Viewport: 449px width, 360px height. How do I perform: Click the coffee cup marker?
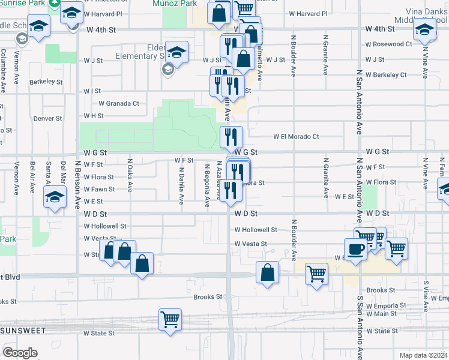pos(355,249)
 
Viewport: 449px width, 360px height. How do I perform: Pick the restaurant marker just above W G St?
pos(231,137)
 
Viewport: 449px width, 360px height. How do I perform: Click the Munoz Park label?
pos(179,3)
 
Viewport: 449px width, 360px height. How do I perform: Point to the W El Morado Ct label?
pos(296,136)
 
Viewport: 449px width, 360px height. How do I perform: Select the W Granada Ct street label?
pos(119,103)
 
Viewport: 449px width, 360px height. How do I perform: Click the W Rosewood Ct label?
pos(389,44)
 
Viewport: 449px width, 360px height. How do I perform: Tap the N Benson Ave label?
pos(77,182)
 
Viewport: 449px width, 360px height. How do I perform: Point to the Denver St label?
pos(48,118)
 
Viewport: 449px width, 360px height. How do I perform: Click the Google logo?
pos(20,352)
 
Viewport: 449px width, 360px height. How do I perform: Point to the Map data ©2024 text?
pos(423,355)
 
